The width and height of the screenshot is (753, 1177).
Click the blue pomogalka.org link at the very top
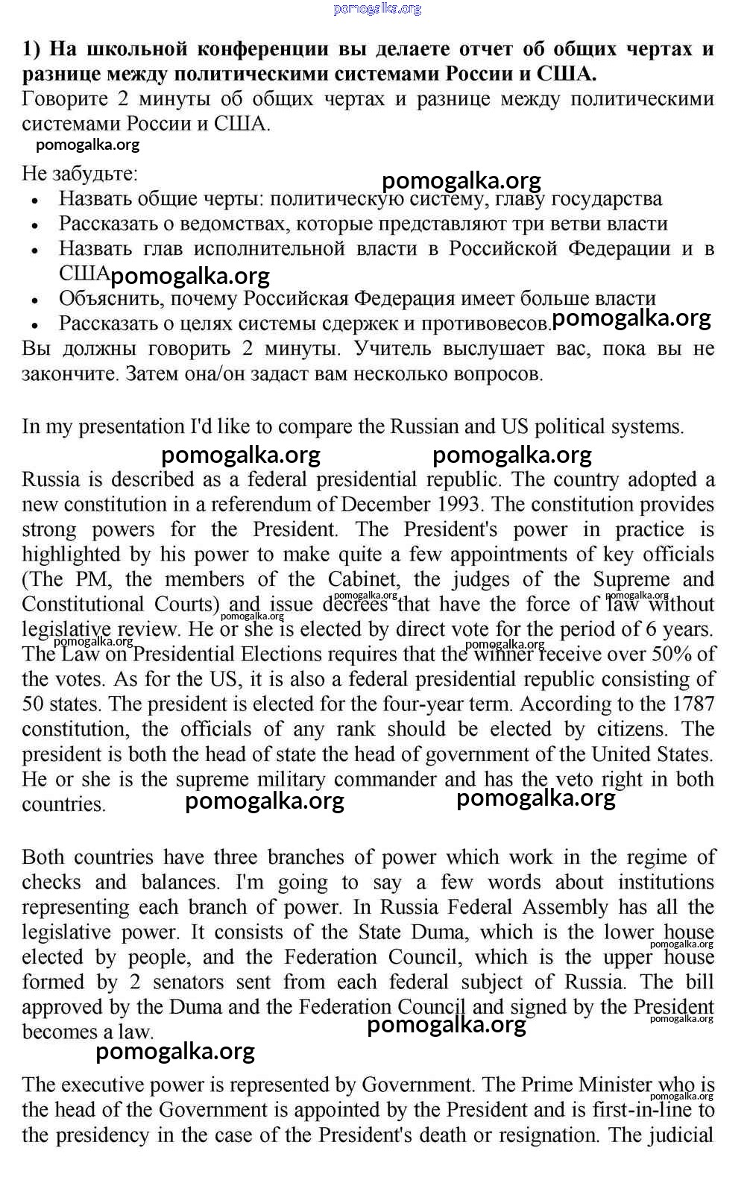point(377,9)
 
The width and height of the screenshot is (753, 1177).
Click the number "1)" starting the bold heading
point(32,49)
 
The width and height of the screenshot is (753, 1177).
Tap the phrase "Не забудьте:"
point(80,174)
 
